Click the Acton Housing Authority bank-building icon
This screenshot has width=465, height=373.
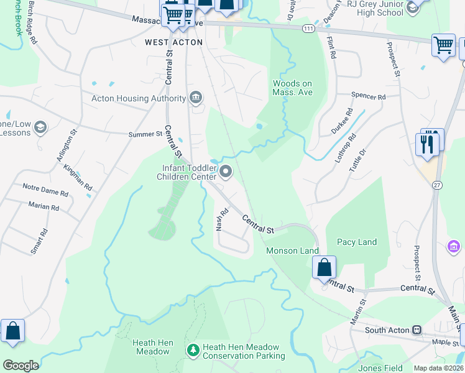196,98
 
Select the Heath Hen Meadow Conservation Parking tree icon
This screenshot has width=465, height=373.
193,351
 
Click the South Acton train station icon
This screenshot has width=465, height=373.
417,329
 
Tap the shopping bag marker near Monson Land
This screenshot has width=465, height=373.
324,268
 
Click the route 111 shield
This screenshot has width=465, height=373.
307,29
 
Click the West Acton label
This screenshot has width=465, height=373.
173,42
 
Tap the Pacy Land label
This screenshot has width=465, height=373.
357,242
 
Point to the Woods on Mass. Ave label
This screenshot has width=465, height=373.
292,88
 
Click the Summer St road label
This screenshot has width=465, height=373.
145,134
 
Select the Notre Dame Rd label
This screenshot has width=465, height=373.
48,187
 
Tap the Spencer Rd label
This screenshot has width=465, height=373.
369,97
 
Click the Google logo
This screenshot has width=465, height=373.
21,366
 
